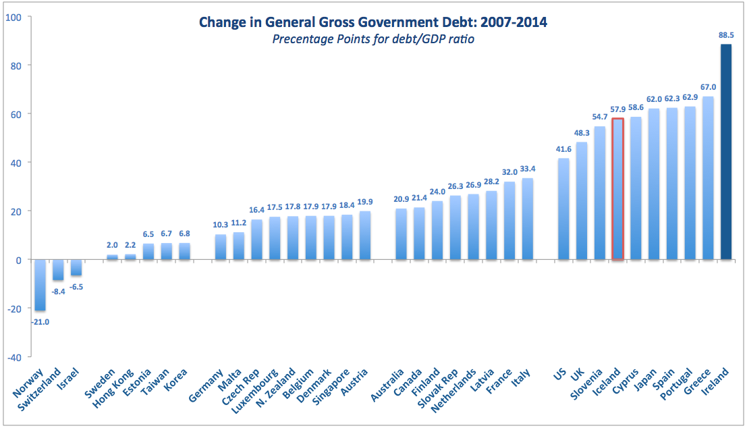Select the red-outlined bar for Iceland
click(x=617, y=189)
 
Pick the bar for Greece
click(x=708, y=178)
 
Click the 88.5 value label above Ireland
click(x=726, y=35)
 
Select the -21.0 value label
click(x=40, y=321)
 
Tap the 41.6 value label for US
click(x=562, y=149)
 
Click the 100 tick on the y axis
click(x=13, y=16)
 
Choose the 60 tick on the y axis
click(x=16, y=113)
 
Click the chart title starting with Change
click(x=373, y=22)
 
